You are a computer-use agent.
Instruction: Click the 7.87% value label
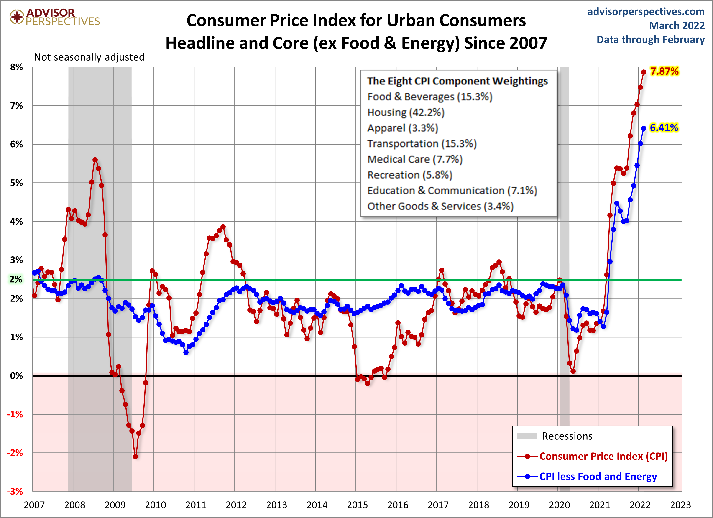click(x=664, y=71)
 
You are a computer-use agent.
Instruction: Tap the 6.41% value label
click(x=664, y=128)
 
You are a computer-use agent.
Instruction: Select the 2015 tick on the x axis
click(x=357, y=505)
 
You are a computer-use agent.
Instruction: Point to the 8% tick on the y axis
click(x=16, y=67)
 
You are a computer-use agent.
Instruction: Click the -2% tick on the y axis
click(x=15, y=453)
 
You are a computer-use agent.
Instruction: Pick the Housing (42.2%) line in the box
click(x=406, y=112)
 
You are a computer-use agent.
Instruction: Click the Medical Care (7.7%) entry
click(x=415, y=159)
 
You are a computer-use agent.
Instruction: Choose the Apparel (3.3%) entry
click(x=402, y=128)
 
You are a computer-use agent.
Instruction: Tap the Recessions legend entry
click(x=567, y=436)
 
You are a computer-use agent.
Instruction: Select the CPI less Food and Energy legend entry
click(x=598, y=477)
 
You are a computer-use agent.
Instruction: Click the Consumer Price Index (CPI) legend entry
click(x=603, y=456)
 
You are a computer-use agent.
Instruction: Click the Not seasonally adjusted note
click(x=89, y=57)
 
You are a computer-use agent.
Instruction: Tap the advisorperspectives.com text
click(x=646, y=12)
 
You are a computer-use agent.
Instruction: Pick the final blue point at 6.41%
click(x=644, y=128)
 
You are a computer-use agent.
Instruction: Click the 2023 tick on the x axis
click(x=680, y=505)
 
